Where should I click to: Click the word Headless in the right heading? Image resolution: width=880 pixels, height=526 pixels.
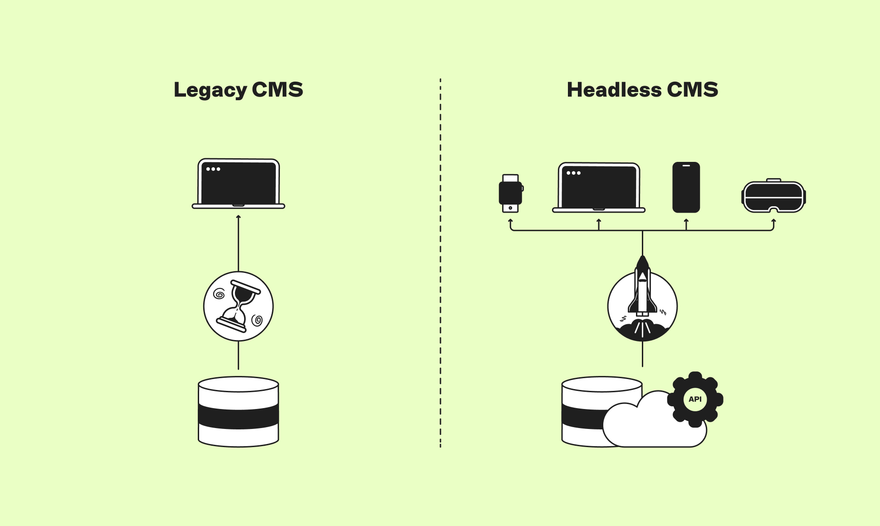614,90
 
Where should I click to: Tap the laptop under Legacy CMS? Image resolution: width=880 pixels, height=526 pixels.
239,184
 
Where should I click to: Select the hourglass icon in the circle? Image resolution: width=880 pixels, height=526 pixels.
239,307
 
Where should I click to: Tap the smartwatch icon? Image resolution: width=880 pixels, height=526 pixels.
510,193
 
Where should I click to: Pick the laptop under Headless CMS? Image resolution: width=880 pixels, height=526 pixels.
599,187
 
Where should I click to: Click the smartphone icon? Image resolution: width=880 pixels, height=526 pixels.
686,187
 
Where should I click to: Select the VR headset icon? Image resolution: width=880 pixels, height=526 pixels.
773,196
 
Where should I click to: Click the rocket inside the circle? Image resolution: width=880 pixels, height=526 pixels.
642,290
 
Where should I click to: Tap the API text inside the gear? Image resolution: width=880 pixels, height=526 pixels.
695,399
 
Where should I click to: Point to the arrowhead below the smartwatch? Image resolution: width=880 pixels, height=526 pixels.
510,221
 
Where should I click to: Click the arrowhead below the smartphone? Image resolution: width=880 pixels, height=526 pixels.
686,221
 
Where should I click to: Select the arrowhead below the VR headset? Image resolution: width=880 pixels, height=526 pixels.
773,221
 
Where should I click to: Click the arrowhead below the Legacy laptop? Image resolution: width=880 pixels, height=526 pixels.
239,217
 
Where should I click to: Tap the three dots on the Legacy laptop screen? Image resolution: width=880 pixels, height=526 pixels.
213,169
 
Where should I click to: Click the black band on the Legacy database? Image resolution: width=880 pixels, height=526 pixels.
239,416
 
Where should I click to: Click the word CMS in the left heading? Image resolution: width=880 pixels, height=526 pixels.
277,90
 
